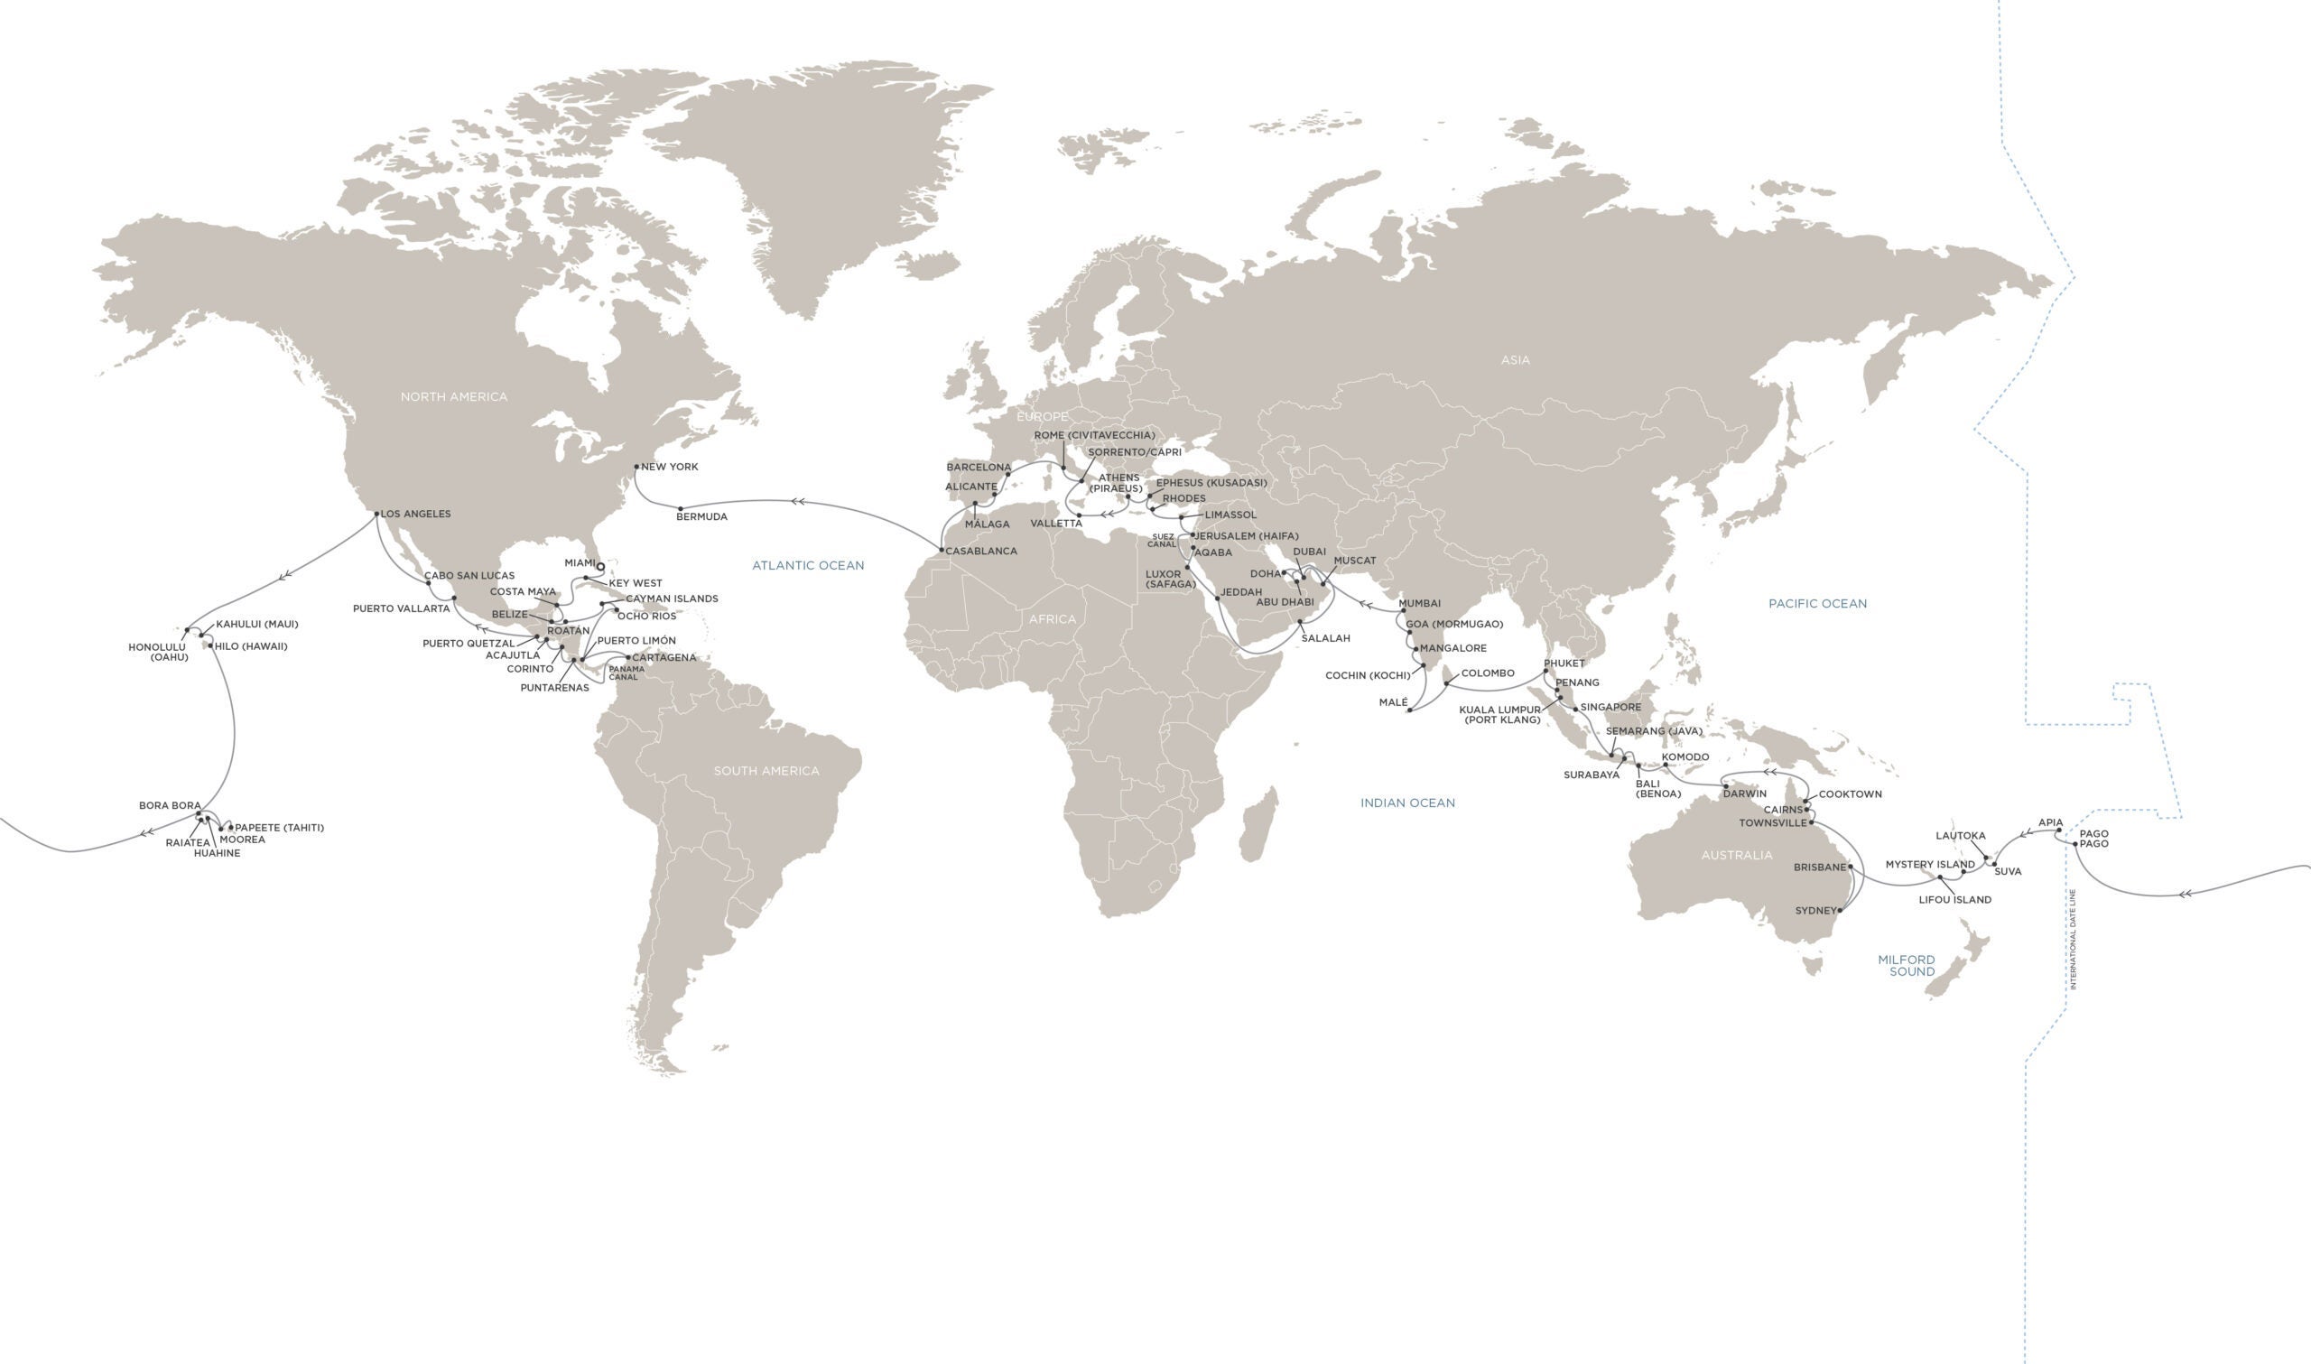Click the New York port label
(669, 467)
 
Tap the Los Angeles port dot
(377, 514)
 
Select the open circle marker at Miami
(600, 567)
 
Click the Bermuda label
(701, 516)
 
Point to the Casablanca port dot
(942, 551)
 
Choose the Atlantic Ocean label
(808, 565)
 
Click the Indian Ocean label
(1406, 803)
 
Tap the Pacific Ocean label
(1816, 604)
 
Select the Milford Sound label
(1906, 965)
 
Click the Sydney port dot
(1840, 911)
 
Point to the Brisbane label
(1819, 867)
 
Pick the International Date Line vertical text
(2072, 939)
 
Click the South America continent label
(766, 770)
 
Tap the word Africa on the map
(1051, 618)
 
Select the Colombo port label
(1487, 673)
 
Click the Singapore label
(1610, 707)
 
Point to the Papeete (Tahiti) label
(279, 827)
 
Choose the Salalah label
(1325, 638)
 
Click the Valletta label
(1056, 523)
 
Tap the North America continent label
(453, 396)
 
